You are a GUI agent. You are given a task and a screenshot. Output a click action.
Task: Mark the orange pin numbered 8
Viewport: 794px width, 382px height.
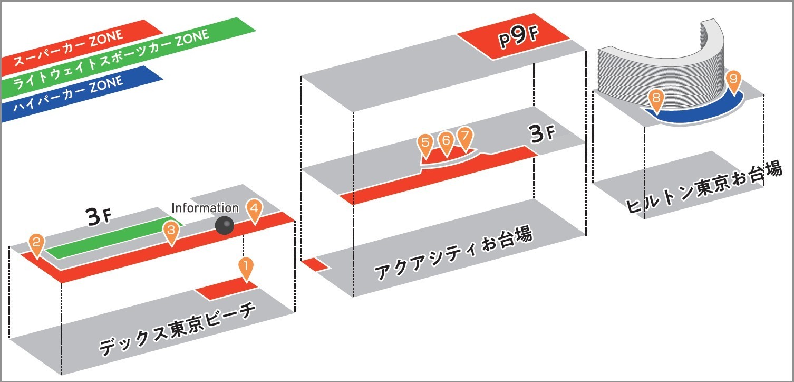pyautogui.click(x=656, y=98)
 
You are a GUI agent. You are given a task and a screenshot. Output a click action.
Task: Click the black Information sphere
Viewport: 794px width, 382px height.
pyautogui.click(x=225, y=226)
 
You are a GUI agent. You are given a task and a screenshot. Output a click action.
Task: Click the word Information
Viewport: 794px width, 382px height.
pyautogui.click(x=205, y=208)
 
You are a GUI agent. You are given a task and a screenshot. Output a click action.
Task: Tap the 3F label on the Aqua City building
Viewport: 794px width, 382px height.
pyautogui.click(x=541, y=135)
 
